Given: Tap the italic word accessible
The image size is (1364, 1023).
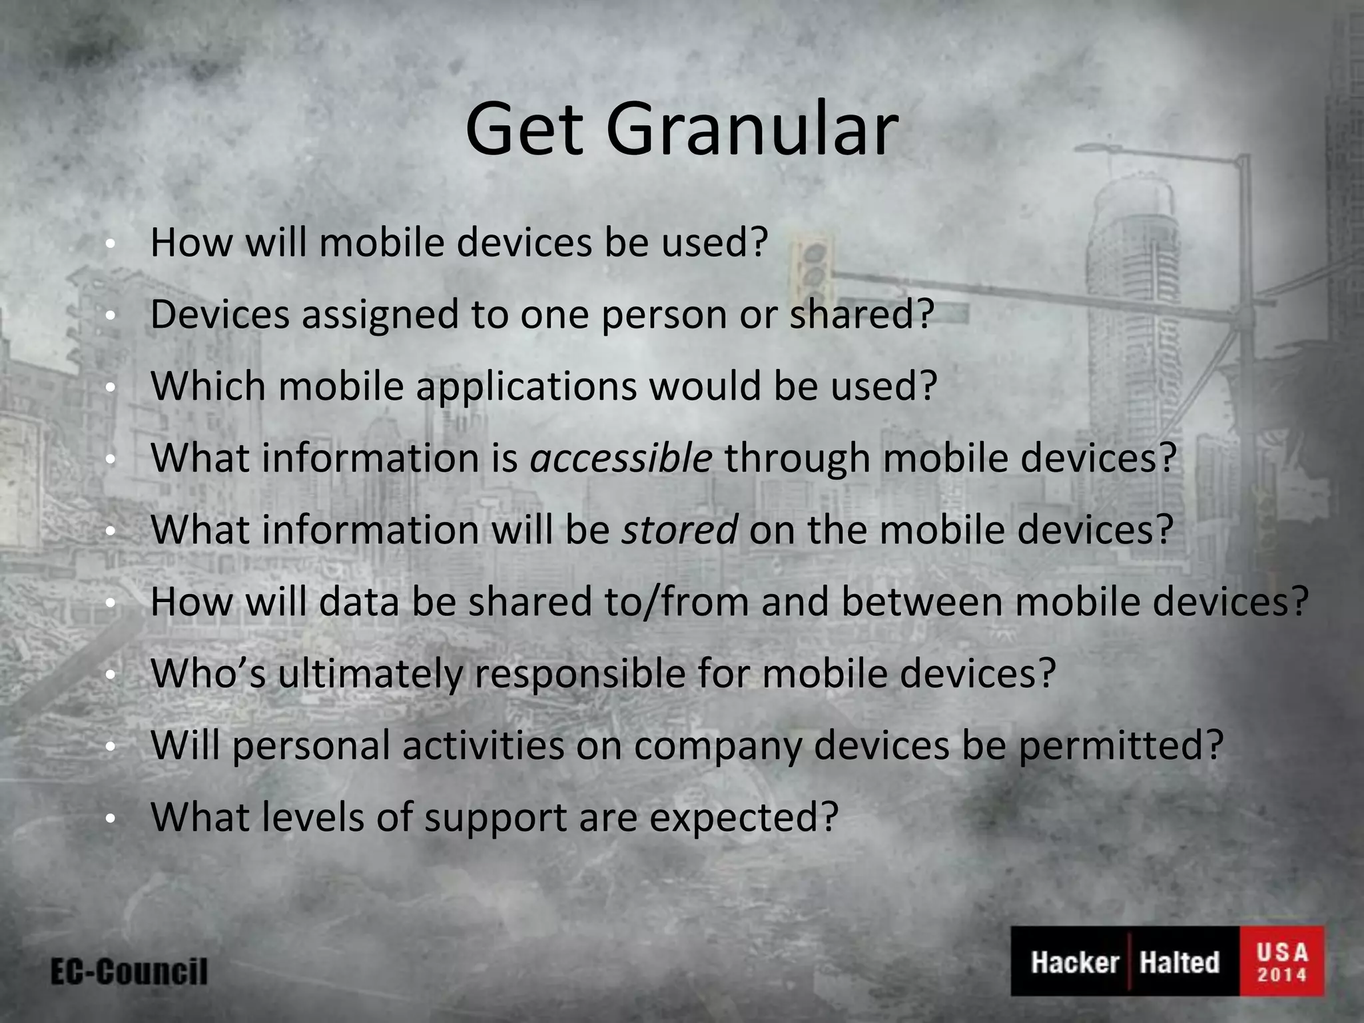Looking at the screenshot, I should (621, 458).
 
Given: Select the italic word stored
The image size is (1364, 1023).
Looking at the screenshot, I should (679, 530).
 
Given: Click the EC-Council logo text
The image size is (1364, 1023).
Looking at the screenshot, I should (129, 972).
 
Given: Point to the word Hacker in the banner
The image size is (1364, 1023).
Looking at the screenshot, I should (1074, 962).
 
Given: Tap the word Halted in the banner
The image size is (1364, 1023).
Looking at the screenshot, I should (1179, 962).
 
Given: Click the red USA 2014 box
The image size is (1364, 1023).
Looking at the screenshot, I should (1281, 961).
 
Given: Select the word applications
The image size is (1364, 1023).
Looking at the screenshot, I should (527, 387).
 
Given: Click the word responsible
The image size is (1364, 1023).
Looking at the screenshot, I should (579, 675).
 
